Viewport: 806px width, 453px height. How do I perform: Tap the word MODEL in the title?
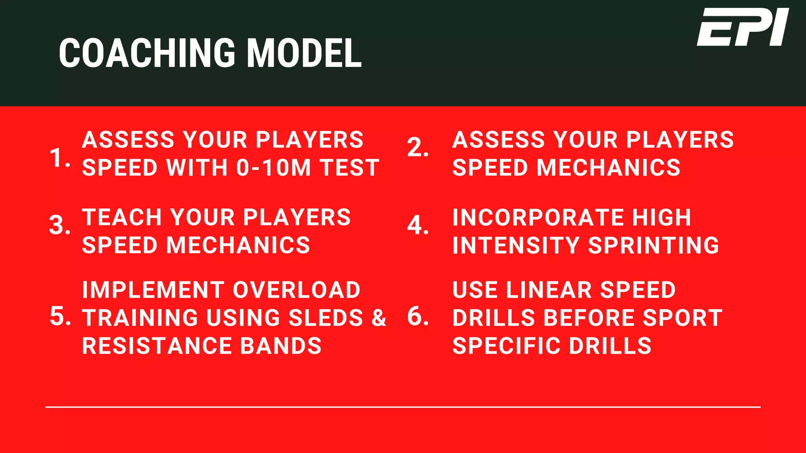click(x=304, y=53)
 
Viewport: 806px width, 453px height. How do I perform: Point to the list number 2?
click(x=417, y=148)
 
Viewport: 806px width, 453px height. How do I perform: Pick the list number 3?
click(x=59, y=225)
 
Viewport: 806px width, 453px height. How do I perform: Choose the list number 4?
click(x=417, y=225)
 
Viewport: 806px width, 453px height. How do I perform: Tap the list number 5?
click(x=60, y=316)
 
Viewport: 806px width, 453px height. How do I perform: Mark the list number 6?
click(x=417, y=316)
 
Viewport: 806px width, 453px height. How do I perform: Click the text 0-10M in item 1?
click(x=274, y=168)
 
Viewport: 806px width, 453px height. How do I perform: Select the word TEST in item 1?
click(x=349, y=168)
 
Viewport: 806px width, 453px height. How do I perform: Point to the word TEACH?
click(x=121, y=217)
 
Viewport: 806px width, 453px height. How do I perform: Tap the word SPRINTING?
click(x=653, y=245)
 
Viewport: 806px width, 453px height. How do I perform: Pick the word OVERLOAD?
click(x=296, y=290)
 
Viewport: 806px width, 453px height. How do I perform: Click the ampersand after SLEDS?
click(x=379, y=318)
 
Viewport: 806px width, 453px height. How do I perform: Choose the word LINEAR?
click(x=549, y=290)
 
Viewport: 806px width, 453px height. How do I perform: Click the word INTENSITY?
click(x=516, y=245)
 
